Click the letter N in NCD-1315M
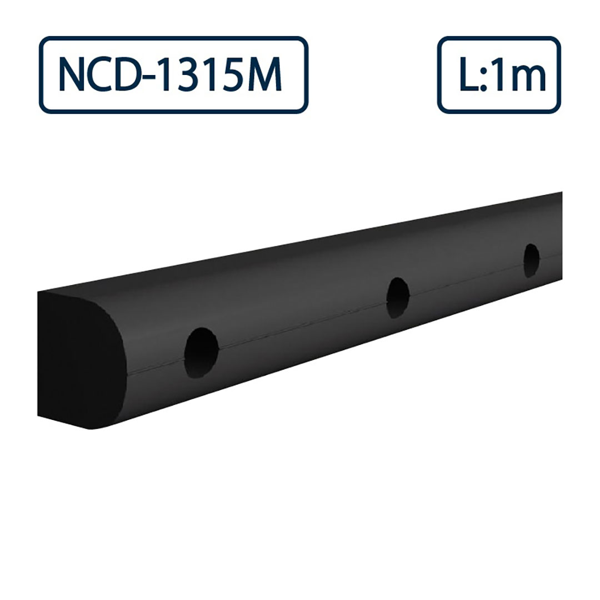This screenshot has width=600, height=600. pyautogui.click(x=72, y=75)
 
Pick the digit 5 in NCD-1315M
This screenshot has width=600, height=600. pyautogui.click(x=242, y=75)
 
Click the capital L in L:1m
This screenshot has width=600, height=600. pyautogui.click(x=467, y=75)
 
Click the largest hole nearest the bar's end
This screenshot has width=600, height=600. pyautogui.click(x=202, y=353)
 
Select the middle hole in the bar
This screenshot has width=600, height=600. pyautogui.click(x=398, y=297)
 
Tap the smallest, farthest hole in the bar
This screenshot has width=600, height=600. pyautogui.click(x=531, y=260)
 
